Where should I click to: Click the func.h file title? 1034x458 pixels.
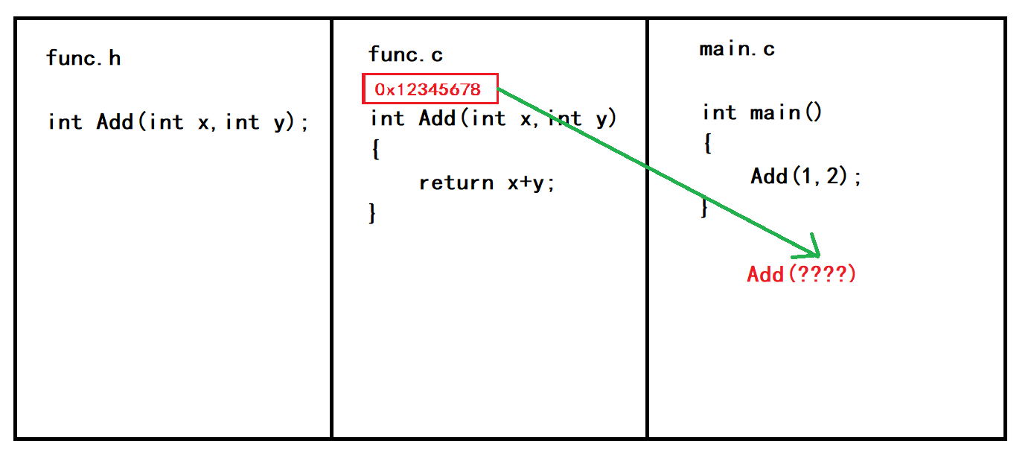click(83, 58)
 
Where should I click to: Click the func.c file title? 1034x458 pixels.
click(406, 54)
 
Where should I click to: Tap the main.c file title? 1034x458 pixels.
click(737, 50)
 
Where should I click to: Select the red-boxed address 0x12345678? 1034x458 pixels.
click(429, 90)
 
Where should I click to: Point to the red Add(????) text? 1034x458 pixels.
click(802, 274)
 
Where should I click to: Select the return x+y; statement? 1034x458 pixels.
click(487, 182)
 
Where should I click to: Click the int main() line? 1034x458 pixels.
click(762, 112)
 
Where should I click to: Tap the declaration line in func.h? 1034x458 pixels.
click(178, 122)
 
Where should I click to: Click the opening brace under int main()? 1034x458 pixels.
click(707, 144)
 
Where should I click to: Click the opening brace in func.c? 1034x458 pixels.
click(375, 150)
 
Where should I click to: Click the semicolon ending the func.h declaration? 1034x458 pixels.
click(304, 124)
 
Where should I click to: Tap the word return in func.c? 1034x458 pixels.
click(456, 182)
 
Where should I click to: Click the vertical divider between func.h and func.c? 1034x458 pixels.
click(331, 298)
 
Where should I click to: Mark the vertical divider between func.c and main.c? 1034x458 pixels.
click(648, 335)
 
